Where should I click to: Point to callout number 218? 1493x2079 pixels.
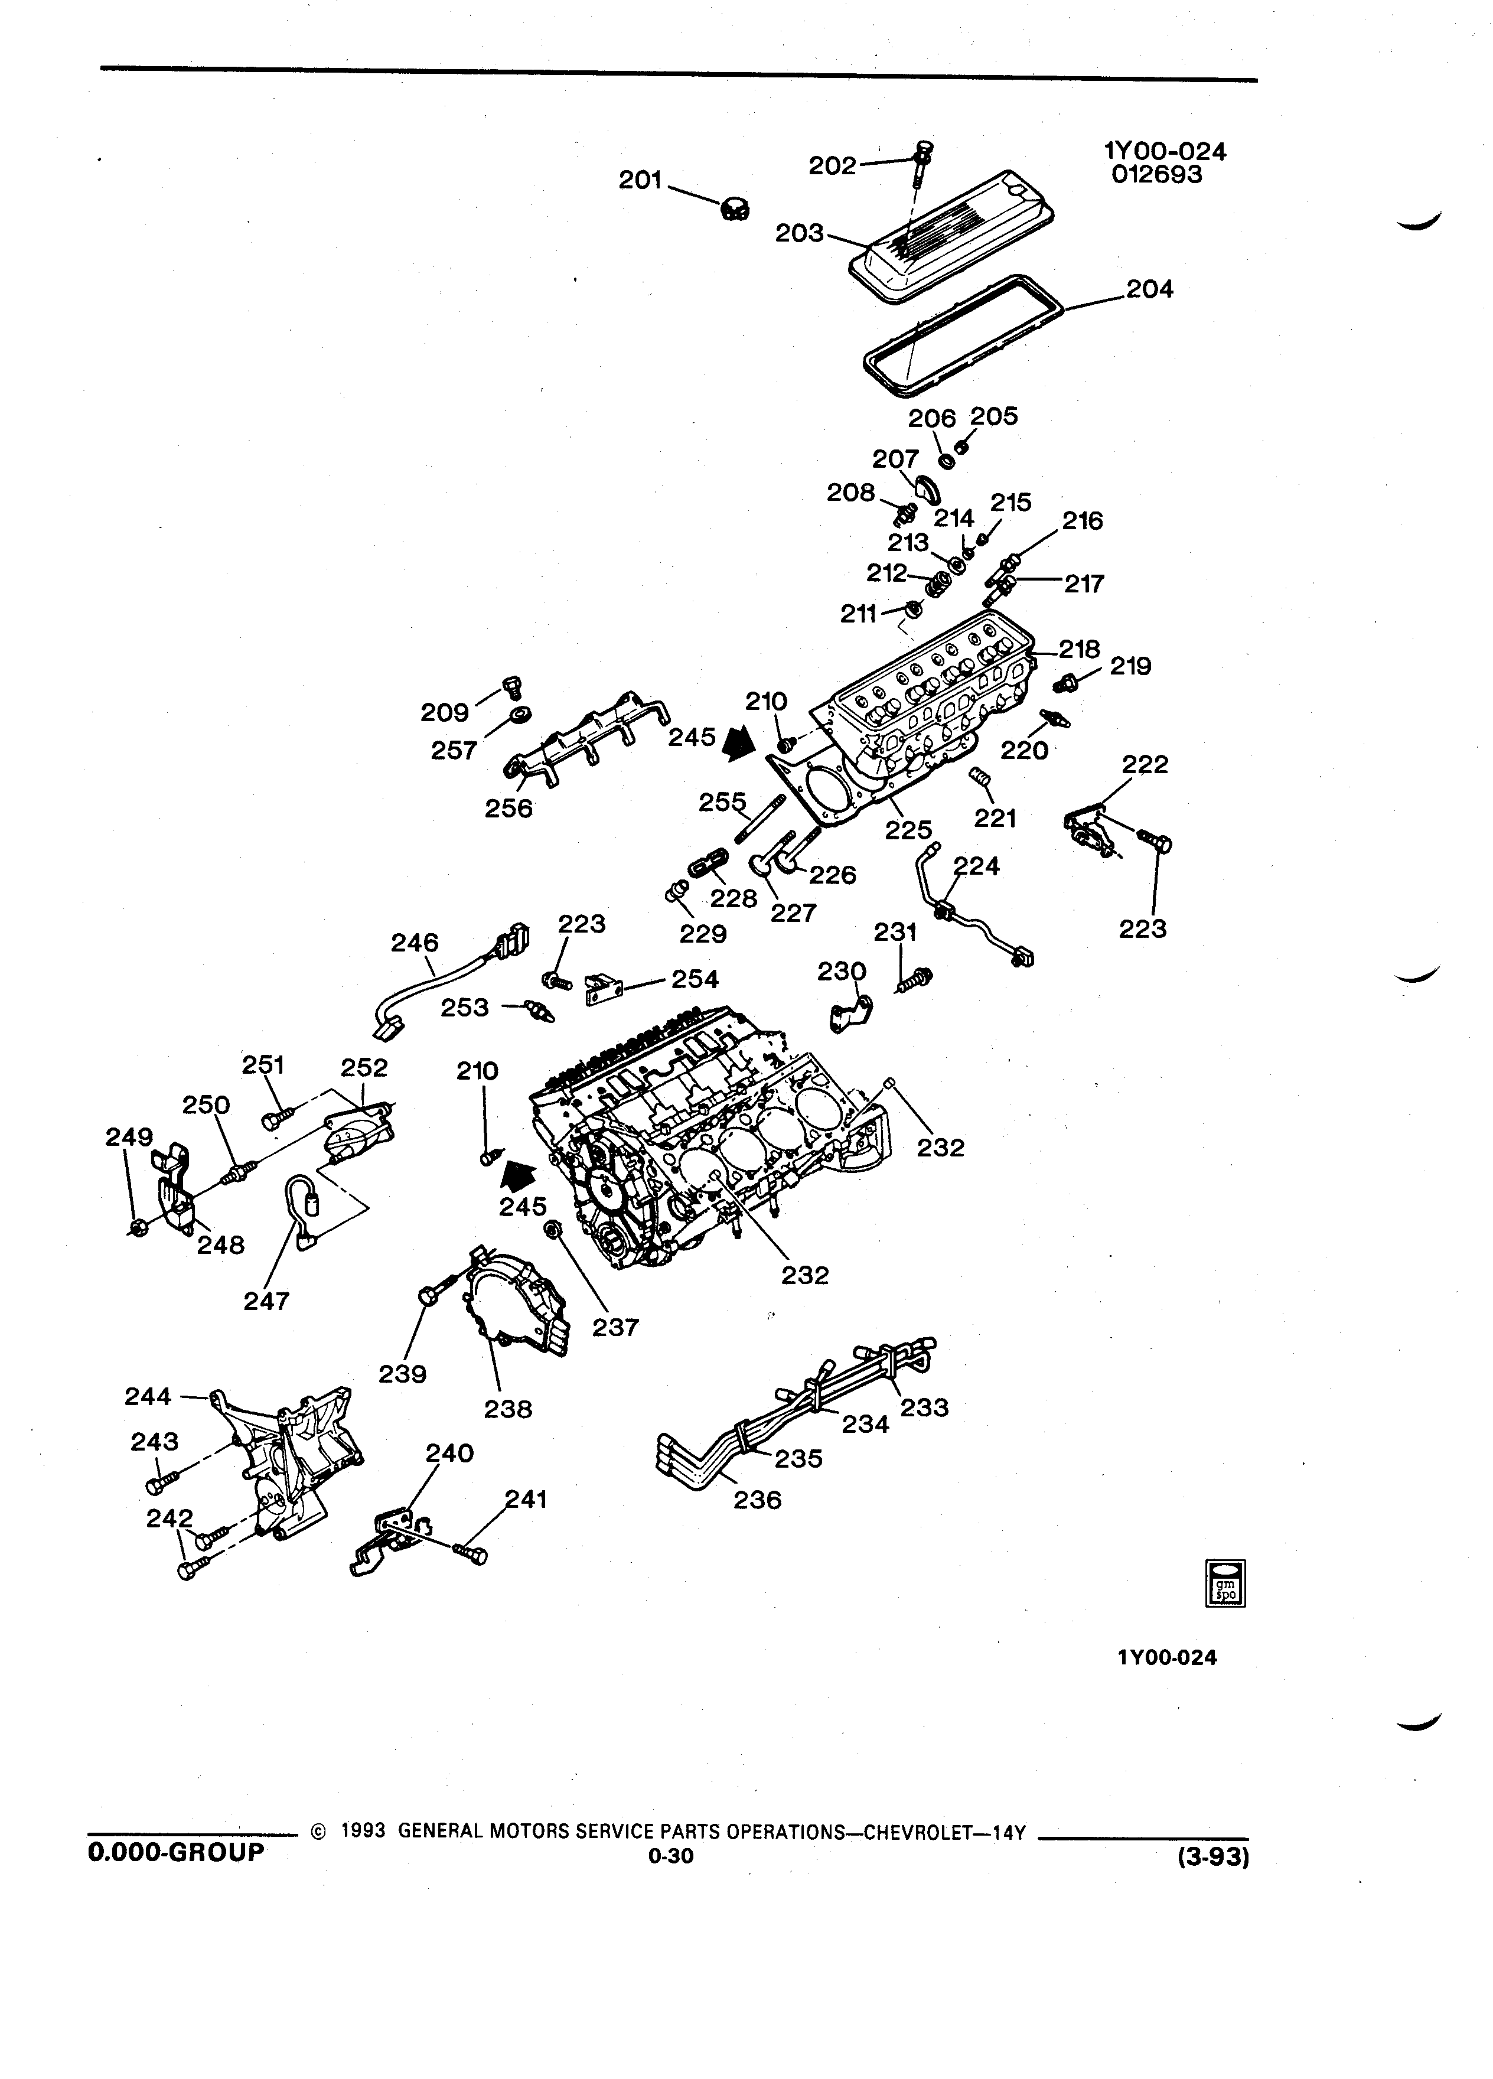click(x=1080, y=649)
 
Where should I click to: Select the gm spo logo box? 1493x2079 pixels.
click(x=1225, y=1582)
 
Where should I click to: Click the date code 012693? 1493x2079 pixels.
click(x=1156, y=174)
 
